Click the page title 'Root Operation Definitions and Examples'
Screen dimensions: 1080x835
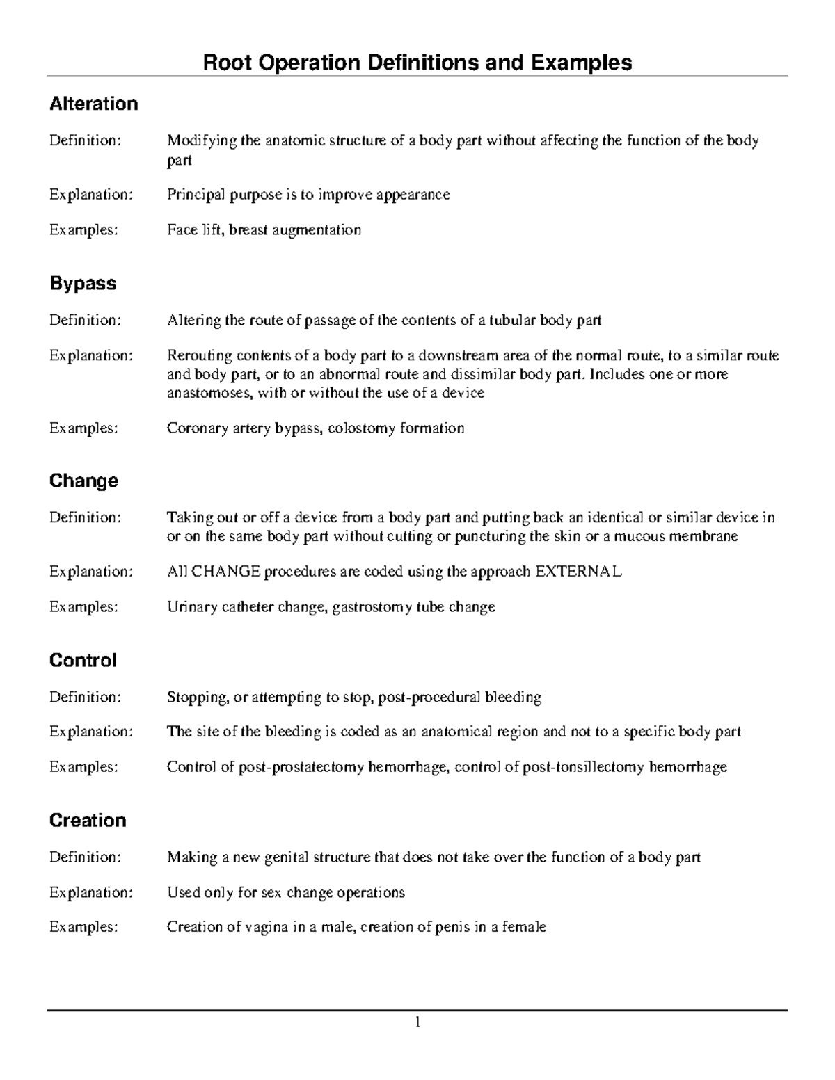pyautogui.click(x=417, y=63)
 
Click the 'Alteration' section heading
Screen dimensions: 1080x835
pyautogui.click(x=93, y=104)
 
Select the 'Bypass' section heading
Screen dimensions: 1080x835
pyautogui.click(x=82, y=284)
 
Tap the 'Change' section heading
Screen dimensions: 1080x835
pyautogui.click(x=83, y=481)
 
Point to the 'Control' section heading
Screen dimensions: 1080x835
pyautogui.click(x=83, y=660)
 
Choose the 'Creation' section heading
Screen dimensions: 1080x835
pyautogui.click(x=88, y=821)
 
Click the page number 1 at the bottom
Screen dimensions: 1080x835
pyautogui.click(x=417, y=1022)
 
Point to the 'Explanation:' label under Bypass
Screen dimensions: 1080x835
pyautogui.click(x=90, y=356)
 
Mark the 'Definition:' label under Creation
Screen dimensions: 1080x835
pyautogui.click(x=85, y=857)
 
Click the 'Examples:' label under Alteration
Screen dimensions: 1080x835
pyautogui.click(x=83, y=230)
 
